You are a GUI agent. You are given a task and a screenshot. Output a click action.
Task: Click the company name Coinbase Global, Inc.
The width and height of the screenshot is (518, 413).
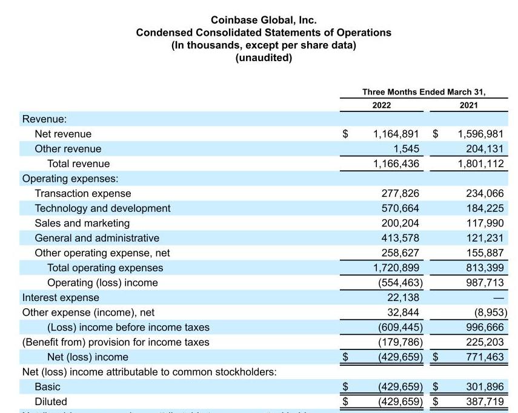(264, 20)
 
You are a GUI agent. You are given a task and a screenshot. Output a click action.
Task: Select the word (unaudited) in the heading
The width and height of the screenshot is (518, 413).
(264, 58)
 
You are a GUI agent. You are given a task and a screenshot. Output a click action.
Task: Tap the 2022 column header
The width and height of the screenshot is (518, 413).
(381, 105)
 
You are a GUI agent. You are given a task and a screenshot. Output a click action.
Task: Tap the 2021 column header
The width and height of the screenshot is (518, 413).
(468, 105)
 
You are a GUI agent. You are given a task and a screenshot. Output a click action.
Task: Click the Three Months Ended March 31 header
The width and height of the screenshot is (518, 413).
(424, 92)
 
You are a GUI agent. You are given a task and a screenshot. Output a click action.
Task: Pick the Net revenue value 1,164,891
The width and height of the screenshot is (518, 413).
(396, 134)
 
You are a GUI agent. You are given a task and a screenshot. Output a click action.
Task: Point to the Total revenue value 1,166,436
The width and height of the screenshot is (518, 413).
(396, 164)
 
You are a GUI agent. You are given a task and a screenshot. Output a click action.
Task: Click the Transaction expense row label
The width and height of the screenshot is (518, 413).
(82, 193)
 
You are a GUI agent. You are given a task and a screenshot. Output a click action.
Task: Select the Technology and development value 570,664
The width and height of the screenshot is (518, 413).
(400, 208)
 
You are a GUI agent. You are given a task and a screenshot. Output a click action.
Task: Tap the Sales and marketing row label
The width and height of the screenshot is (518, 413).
(82, 223)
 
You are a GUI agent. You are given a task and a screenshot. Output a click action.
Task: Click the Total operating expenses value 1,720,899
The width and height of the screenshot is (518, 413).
(396, 268)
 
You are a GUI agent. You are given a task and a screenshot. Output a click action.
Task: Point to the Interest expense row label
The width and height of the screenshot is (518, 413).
(61, 297)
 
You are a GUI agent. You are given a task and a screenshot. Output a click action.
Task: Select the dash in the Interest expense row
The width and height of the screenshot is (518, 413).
(499, 298)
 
